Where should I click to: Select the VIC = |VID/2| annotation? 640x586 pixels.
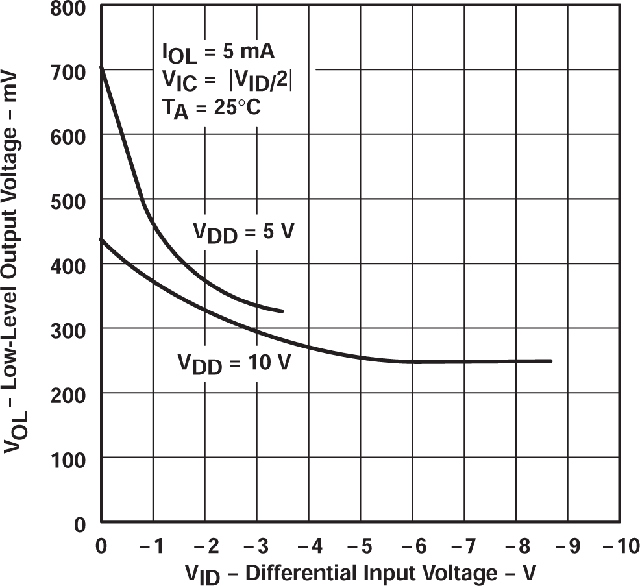[x=227, y=80]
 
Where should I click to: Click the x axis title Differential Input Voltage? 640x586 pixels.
[x=361, y=573]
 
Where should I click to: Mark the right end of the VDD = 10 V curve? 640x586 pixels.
[x=551, y=361]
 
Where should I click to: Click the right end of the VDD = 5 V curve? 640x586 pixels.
[x=282, y=311]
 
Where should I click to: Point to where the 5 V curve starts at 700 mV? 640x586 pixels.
[x=101, y=67]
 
